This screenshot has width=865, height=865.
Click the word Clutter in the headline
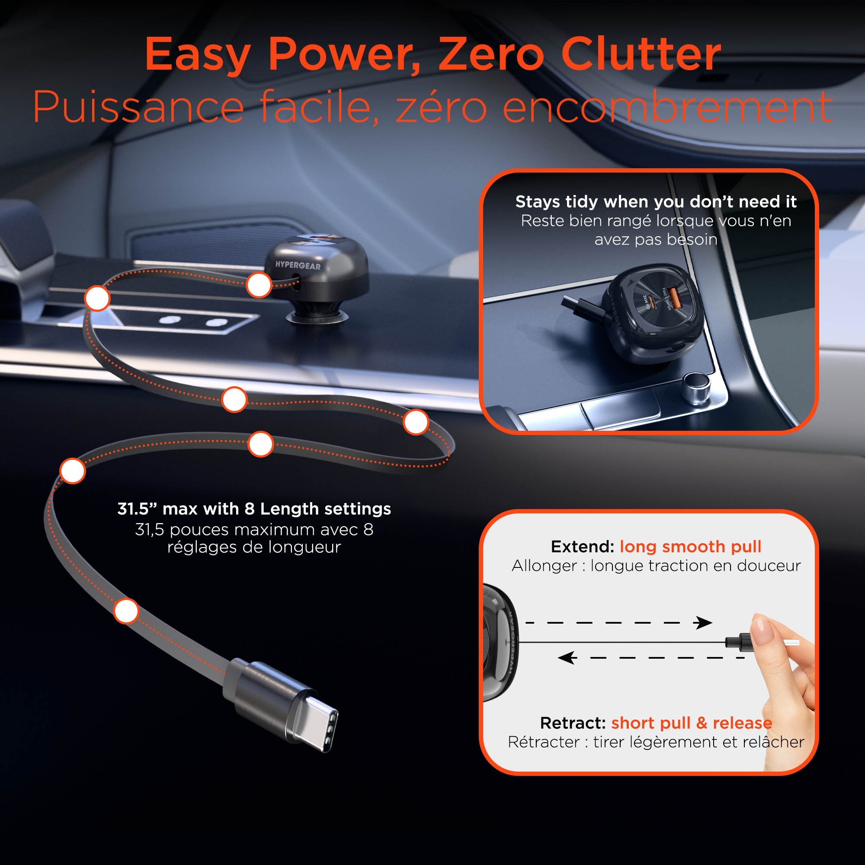point(641,54)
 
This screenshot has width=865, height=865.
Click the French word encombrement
point(667,107)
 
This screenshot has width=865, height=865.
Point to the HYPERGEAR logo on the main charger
point(298,266)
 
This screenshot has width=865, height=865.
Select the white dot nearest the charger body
point(259,284)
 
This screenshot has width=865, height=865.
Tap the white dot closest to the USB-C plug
point(126,611)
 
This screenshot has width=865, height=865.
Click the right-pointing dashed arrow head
point(703,622)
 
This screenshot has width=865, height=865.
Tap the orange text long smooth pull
point(690,547)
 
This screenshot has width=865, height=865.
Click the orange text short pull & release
point(692,723)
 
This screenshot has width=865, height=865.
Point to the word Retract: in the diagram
point(573,723)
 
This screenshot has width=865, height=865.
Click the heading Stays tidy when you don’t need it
point(656,202)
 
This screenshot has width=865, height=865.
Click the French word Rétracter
point(544,742)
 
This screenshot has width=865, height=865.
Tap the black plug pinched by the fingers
point(738,643)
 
